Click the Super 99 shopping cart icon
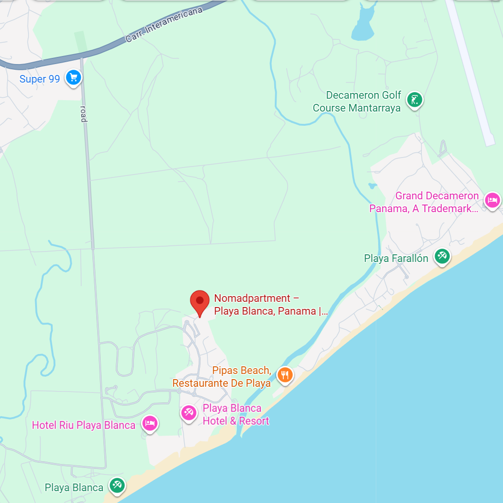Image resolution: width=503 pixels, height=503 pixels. pyautogui.click(x=73, y=77)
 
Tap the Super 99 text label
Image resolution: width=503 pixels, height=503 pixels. pyautogui.click(x=40, y=79)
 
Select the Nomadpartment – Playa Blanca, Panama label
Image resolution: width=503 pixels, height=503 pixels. pyautogui.click(x=270, y=305)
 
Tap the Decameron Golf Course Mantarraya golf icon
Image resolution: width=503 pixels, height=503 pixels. pyautogui.click(x=415, y=100)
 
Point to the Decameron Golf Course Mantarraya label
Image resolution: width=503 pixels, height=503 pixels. pyautogui.click(x=357, y=102)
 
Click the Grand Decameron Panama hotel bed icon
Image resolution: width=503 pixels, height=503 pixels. pyautogui.click(x=492, y=200)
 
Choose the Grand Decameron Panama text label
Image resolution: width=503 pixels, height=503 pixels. pyautogui.click(x=424, y=202)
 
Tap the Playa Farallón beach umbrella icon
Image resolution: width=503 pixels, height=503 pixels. pyautogui.click(x=442, y=256)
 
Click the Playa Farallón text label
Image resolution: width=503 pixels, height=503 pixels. pyautogui.click(x=396, y=259)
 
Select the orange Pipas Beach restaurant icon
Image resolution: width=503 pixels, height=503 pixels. pyautogui.click(x=285, y=375)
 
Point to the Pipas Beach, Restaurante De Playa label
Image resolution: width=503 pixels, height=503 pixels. pyautogui.click(x=222, y=377)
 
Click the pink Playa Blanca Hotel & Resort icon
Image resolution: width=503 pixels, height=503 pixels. pyautogui.click(x=189, y=412)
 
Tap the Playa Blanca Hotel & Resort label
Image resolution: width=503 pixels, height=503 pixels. pyautogui.click(x=235, y=414)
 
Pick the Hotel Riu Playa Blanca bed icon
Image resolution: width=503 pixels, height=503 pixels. pyautogui.click(x=150, y=423)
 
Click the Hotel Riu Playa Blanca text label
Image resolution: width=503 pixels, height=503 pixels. pyautogui.click(x=84, y=425)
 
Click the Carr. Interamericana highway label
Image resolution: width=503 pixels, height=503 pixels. pyautogui.click(x=164, y=25)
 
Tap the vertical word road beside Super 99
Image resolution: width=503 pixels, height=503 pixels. pyautogui.click(x=84, y=113)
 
